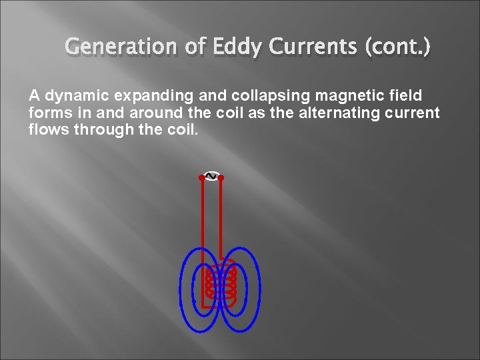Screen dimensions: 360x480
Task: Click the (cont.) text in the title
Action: (398, 47)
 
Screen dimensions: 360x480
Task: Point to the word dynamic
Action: (71, 96)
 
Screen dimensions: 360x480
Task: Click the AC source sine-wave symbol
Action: (211, 176)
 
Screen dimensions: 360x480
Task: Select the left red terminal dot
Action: (201, 178)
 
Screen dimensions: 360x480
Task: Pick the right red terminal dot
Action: (221, 178)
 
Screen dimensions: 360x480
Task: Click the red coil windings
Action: (221, 281)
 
